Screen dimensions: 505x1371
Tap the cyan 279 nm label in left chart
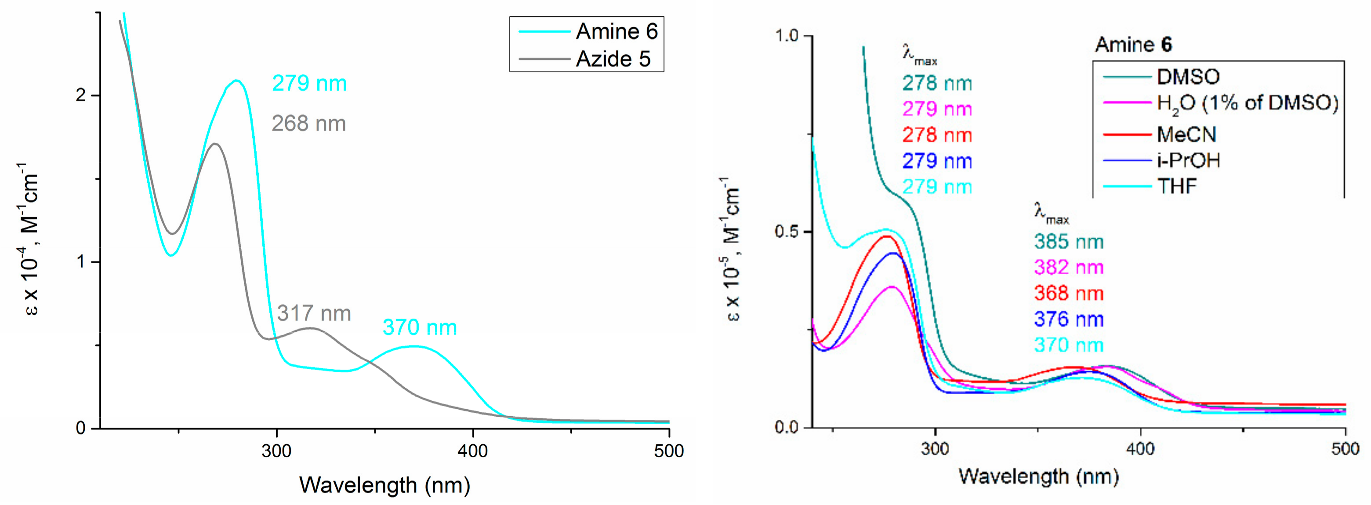tap(309, 84)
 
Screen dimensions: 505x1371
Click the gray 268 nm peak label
tap(308, 124)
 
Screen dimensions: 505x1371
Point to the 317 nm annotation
tap(314, 313)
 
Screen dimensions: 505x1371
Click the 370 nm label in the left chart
tap(419, 327)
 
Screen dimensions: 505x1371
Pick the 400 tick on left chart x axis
tap(473, 451)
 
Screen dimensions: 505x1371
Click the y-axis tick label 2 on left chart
tap(81, 96)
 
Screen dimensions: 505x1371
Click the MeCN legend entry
tap(1186, 134)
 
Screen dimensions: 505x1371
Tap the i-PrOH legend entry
tap(1188, 160)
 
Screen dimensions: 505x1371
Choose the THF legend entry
tap(1177, 186)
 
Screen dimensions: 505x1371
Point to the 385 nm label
tap(1069, 242)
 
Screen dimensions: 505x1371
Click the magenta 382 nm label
tap(1069, 267)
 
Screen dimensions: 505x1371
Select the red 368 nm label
tap(1069, 293)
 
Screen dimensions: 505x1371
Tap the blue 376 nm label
tap(1069, 319)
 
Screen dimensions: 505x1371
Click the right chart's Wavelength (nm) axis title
tap(1038, 476)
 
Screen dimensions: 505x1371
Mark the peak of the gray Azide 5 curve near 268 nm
tap(215, 144)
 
